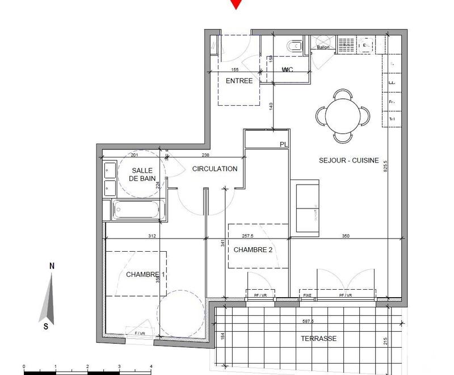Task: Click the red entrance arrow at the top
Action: (236, 4)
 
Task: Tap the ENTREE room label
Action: (239, 81)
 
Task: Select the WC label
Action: (288, 70)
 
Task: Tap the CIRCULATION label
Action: (215, 169)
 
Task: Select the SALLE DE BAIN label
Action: (144, 174)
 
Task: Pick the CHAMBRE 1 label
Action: (145, 275)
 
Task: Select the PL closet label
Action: (284, 145)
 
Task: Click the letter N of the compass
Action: (52, 265)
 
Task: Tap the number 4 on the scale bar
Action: (150, 366)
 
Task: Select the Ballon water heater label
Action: (323, 48)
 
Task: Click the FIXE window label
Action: (307, 296)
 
